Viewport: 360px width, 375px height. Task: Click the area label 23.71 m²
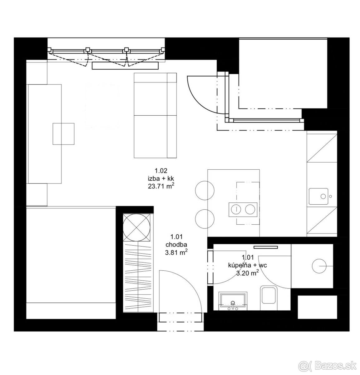pyautogui.click(x=161, y=186)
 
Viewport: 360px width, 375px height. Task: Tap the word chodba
pyautogui.click(x=176, y=245)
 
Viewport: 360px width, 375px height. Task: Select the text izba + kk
pyautogui.click(x=161, y=178)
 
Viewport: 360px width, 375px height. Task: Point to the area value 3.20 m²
pyautogui.click(x=247, y=273)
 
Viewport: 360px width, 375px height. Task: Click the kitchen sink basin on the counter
pyautogui.click(x=318, y=196)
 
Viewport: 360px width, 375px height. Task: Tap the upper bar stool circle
pyautogui.click(x=205, y=190)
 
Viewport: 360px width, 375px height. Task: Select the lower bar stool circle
pyautogui.click(x=205, y=219)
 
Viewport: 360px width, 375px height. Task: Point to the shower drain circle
pyautogui.click(x=319, y=266)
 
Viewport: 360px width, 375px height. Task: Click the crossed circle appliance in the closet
pyautogui.click(x=136, y=227)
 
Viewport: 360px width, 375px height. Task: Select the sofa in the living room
pyautogui.click(x=155, y=115)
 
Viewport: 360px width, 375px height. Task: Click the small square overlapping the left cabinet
pyautogui.click(x=63, y=134)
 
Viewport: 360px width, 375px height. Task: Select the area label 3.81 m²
pyautogui.click(x=176, y=252)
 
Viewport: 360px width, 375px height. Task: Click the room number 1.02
pyautogui.click(x=161, y=171)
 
